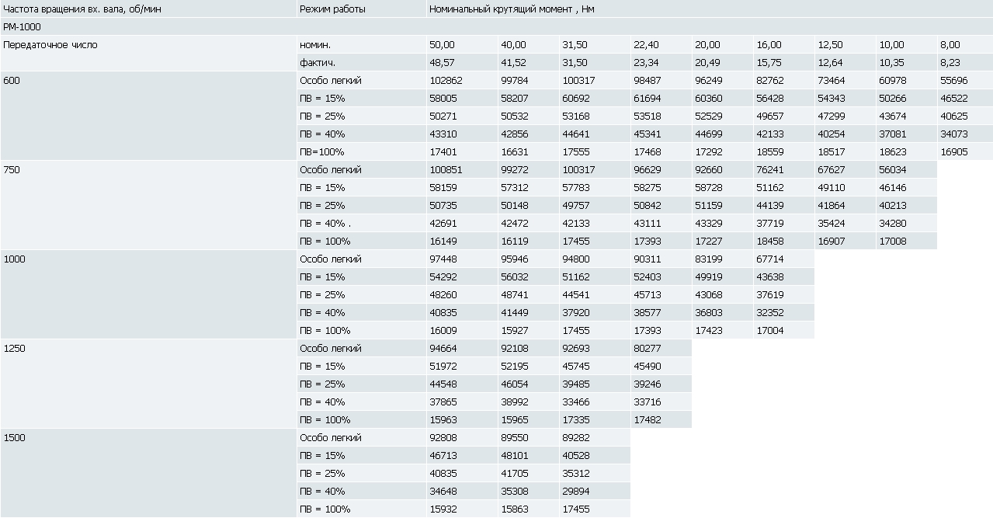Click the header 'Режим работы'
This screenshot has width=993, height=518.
point(332,9)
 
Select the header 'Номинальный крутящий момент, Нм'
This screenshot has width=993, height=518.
point(512,9)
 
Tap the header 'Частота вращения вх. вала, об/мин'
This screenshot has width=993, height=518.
point(82,9)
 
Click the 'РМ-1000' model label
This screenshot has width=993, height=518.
point(22,27)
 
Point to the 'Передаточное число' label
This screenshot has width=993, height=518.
point(50,45)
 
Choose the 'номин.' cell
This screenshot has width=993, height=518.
point(314,45)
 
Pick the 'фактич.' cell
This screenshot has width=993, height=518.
point(317,63)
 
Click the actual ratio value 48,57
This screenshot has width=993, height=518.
point(442,63)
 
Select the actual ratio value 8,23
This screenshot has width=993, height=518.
point(950,63)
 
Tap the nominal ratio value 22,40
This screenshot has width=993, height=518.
point(646,45)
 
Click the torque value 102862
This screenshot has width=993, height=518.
point(446,81)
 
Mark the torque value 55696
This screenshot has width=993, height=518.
point(954,81)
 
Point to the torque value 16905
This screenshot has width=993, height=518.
point(954,152)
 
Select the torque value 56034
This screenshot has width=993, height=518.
point(892,170)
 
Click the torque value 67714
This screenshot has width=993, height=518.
point(770,259)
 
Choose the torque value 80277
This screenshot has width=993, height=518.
point(648,348)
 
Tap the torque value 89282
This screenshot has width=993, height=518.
point(576,438)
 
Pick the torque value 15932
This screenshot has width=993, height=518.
point(443,509)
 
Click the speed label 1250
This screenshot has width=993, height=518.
point(14,348)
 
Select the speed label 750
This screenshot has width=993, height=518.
point(12,170)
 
